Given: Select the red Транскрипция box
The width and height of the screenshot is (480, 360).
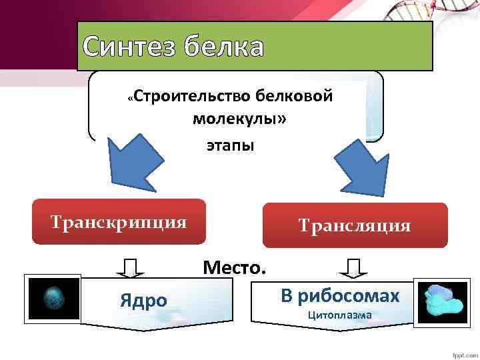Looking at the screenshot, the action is pyautogui.click(x=119, y=222).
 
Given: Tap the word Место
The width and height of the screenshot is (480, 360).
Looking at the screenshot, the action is pyautogui.click(x=234, y=268).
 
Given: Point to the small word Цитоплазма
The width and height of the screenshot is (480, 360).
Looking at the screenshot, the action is pyautogui.click(x=340, y=315).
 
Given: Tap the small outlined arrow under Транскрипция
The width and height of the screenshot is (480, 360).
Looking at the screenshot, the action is pyautogui.click(x=132, y=267).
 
